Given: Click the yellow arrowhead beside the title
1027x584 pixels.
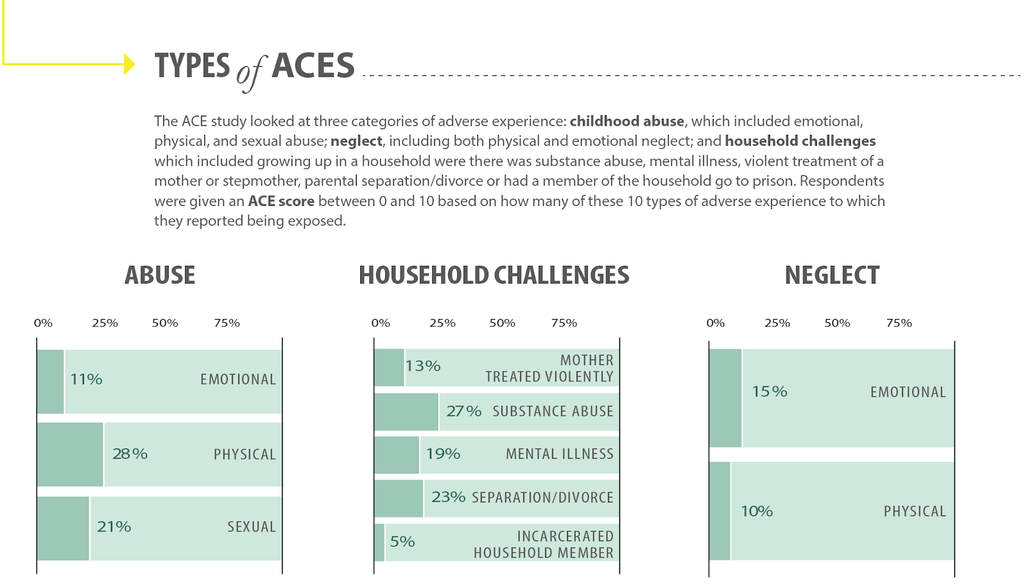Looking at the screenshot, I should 130,64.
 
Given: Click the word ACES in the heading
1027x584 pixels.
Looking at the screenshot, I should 313,66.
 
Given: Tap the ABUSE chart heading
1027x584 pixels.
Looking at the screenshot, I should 160,275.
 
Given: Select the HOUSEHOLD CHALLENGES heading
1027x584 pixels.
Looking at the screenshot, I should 494,275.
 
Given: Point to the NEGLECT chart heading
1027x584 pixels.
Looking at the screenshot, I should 832,275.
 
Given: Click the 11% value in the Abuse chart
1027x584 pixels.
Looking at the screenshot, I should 86,379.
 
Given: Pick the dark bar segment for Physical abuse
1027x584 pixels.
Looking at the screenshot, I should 70,454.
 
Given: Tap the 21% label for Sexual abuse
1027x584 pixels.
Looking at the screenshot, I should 114,527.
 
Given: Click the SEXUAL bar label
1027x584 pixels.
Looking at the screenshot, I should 251,527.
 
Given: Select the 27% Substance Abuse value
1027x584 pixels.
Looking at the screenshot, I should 463,411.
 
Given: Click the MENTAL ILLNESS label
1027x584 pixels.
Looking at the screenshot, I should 559,454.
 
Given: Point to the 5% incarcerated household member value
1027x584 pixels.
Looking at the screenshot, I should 402,542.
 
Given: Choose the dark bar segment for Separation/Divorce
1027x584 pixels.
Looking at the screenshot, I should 399,498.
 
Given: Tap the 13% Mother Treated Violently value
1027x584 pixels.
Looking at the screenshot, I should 422,366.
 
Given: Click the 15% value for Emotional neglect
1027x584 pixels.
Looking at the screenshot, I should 769,391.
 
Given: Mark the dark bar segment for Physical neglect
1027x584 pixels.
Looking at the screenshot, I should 720,511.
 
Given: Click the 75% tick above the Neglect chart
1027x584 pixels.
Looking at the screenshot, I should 899,323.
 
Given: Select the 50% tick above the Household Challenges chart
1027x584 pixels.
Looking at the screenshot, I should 502,323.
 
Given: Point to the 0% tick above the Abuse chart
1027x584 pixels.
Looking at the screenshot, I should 43,323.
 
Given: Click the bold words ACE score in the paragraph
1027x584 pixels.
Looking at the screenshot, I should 281,201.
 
